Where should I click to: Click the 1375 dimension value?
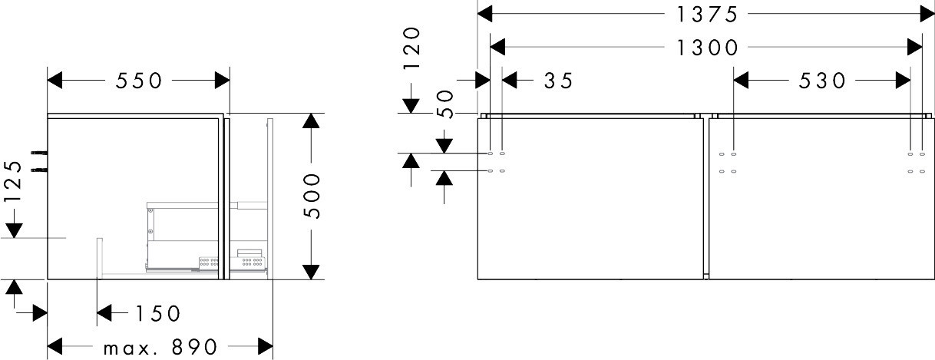pyautogui.click(x=706, y=15)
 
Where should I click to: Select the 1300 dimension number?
pyautogui.click(x=706, y=48)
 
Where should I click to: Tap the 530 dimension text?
pyautogui.click(x=822, y=81)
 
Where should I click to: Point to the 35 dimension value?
pyautogui.click(x=559, y=81)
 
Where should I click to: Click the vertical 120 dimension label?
pyautogui.click(x=412, y=48)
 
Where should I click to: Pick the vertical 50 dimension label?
pyautogui.click(x=445, y=104)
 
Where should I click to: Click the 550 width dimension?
pyautogui.click(x=138, y=81)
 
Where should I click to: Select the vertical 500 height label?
pyautogui.click(x=312, y=196)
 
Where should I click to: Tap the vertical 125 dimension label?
pyautogui.click(x=13, y=181)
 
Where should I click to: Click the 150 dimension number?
pyautogui.click(x=158, y=313)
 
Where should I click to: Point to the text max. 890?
pyautogui.click(x=160, y=347)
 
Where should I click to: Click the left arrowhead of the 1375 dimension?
pyautogui.click(x=484, y=14)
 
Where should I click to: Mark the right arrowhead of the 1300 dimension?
pyautogui.click(x=915, y=47)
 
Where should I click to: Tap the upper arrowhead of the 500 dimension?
pyautogui.click(x=312, y=121)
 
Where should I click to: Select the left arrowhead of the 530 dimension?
pyautogui.click(x=741, y=80)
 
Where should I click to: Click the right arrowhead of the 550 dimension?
pyautogui.click(x=223, y=80)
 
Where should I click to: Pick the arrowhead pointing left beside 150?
pyautogui.click(x=104, y=312)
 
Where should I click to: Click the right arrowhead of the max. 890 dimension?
pyautogui.click(x=266, y=346)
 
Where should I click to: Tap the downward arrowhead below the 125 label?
pyautogui.click(x=14, y=231)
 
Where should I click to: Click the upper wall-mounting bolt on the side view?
pyautogui.click(x=39, y=154)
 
